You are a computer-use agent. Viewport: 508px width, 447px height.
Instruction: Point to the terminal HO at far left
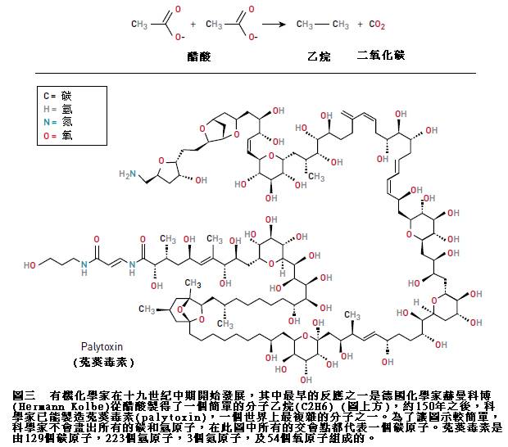[30, 265]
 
